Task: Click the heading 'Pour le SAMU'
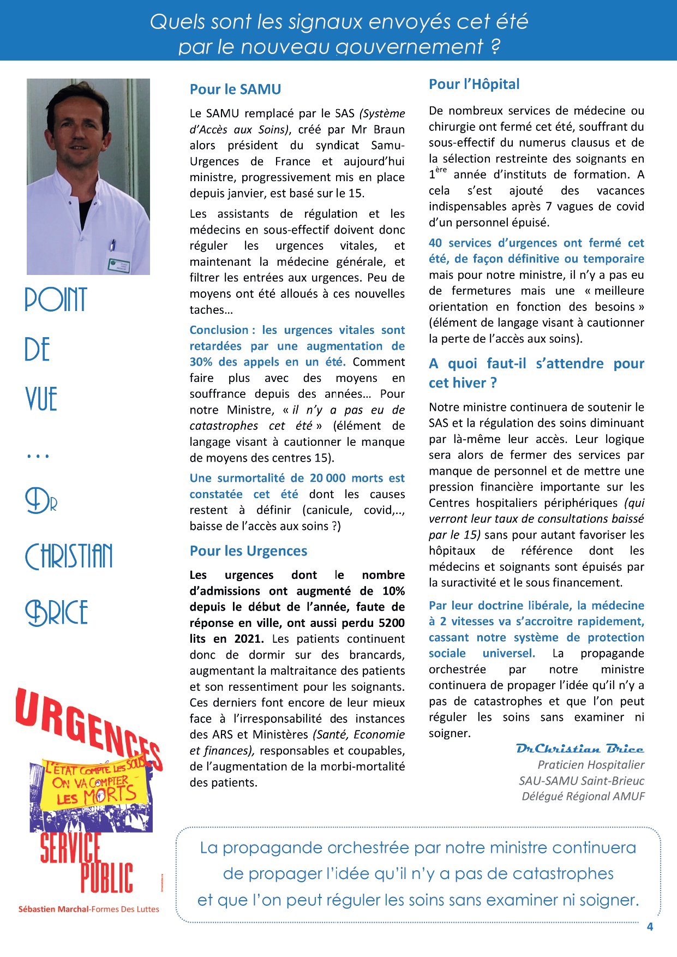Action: pos(235,89)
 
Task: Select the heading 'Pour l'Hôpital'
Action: pos(474,84)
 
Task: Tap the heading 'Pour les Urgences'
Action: pos(248,551)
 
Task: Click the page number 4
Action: pos(650,926)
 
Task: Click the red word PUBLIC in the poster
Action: pos(107,878)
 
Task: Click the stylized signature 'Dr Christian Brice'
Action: pos(579,749)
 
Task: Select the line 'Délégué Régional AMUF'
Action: pos(583,797)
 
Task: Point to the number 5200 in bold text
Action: pos(391,623)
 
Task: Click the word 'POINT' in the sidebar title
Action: pos(56,300)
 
